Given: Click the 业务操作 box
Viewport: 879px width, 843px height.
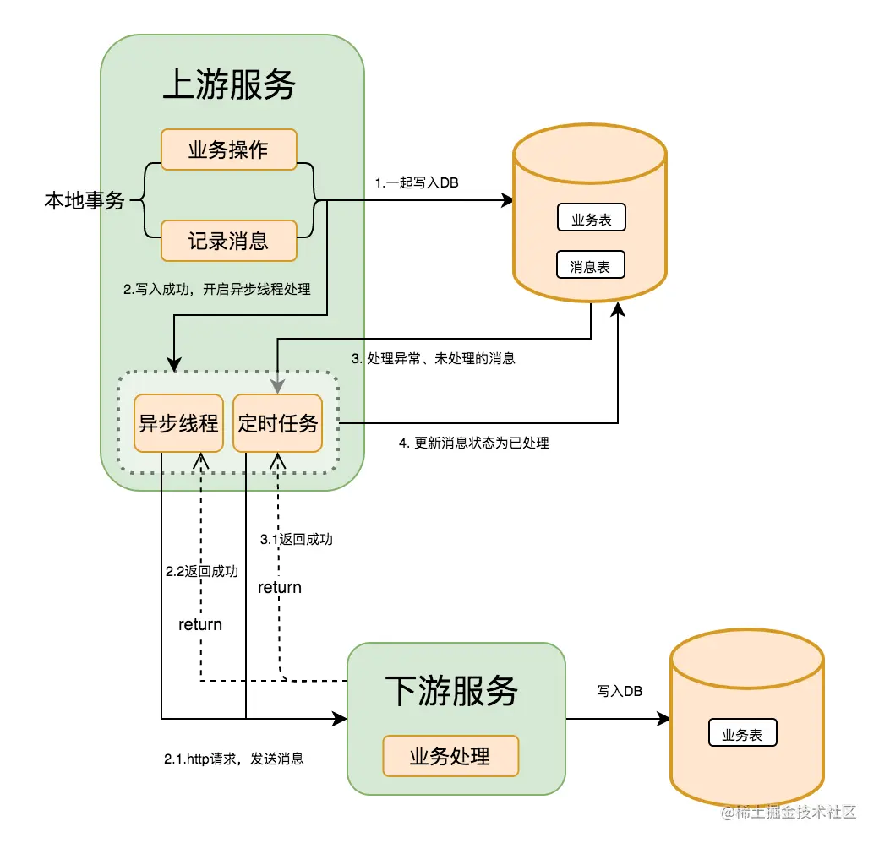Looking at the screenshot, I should (x=228, y=150).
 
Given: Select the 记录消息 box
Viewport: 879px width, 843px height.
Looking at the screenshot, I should (x=228, y=242).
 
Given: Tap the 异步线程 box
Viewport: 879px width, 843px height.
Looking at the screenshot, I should (x=178, y=423).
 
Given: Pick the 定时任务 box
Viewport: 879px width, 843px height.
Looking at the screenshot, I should (x=277, y=423).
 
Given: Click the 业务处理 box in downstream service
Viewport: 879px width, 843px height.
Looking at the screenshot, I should (x=450, y=755).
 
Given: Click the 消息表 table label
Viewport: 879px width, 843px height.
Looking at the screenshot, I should (x=590, y=266).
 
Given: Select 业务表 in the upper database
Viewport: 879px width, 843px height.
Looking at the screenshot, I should (x=591, y=220).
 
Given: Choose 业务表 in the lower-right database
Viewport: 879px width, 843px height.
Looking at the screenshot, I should (x=742, y=734).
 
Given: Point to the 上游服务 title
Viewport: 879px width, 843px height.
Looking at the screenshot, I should (x=229, y=85).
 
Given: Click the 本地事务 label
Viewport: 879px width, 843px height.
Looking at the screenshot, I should (x=85, y=201).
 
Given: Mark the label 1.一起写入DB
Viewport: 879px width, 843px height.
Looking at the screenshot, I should (x=417, y=182).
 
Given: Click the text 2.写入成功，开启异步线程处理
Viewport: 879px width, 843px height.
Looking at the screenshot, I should (x=217, y=289).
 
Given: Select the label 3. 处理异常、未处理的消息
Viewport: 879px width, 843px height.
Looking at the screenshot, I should (x=433, y=358).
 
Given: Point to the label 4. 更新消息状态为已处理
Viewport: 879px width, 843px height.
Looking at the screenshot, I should (x=473, y=443).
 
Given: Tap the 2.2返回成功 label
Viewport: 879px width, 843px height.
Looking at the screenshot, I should (x=201, y=571).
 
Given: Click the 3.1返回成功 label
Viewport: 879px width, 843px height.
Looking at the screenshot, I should (x=296, y=539).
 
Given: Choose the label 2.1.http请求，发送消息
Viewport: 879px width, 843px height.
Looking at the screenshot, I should (x=233, y=759).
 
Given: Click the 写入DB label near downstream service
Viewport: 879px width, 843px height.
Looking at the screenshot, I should (x=620, y=691).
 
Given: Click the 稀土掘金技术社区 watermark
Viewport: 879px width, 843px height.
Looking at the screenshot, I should (x=788, y=812).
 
